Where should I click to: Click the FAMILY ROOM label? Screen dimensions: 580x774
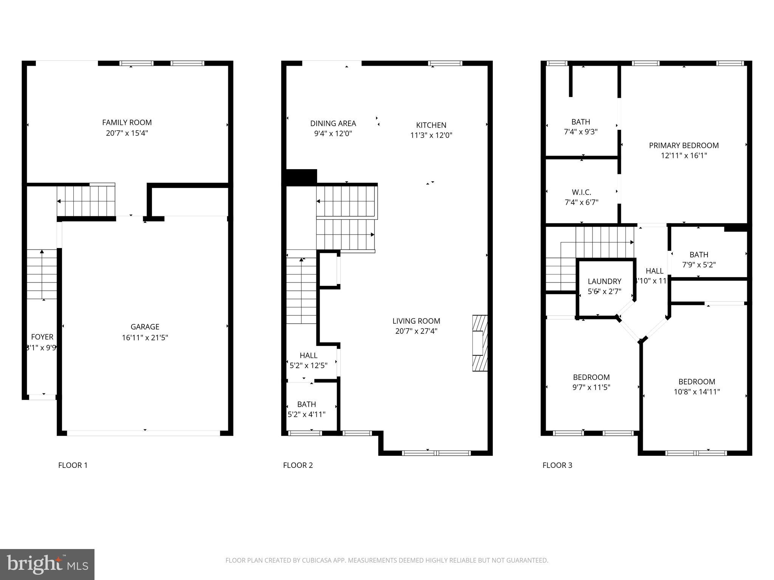pyautogui.click(x=127, y=122)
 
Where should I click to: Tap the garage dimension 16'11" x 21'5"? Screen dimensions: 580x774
pyautogui.click(x=145, y=337)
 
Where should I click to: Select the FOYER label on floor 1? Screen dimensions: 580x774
pyautogui.click(x=42, y=337)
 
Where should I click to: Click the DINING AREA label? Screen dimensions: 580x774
pyautogui.click(x=333, y=123)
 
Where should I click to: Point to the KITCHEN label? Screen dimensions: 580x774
pyautogui.click(x=431, y=125)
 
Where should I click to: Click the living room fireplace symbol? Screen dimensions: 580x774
pyautogui.click(x=479, y=343)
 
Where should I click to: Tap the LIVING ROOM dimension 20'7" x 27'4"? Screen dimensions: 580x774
pyautogui.click(x=416, y=331)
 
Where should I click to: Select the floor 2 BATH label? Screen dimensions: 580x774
pyautogui.click(x=306, y=404)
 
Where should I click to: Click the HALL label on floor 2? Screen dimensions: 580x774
pyautogui.click(x=308, y=355)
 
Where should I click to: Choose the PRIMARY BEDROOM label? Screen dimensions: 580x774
pyautogui.click(x=683, y=145)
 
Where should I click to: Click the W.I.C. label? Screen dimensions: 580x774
pyautogui.click(x=581, y=192)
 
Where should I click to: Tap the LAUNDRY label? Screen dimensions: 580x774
pyautogui.click(x=604, y=281)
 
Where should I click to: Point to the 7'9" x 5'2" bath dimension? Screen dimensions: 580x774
pyautogui.click(x=698, y=265)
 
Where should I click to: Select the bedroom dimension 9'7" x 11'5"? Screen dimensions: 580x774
pyautogui.click(x=591, y=387)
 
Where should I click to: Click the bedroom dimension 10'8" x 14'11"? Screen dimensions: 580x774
pyautogui.click(x=697, y=392)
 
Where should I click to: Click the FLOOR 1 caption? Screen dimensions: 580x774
pyautogui.click(x=73, y=465)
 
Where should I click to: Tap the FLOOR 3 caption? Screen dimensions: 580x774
pyautogui.click(x=557, y=465)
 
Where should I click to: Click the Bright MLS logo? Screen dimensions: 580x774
pyautogui.click(x=47, y=564)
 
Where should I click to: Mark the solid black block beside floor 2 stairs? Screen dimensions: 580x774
pyautogui.click(x=301, y=177)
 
